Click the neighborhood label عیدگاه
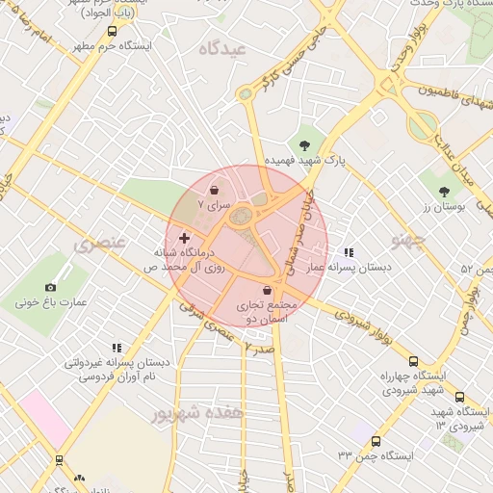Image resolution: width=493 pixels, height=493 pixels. pyautogui.click(x=222, y=48)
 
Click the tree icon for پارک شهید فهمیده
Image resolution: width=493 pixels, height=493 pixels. pyautogui.click(x=305, y=145)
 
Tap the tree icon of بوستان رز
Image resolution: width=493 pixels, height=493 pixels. pyautogui.click(x=444, y=193)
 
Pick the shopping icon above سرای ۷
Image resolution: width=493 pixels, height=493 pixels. pyautogui.click(x=213, y=191)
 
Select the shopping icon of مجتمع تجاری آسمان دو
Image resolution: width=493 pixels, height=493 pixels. pyautogui.click(x=267, y=290)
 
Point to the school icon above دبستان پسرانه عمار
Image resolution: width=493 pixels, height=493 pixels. pyautogui.click(x=348, y=252)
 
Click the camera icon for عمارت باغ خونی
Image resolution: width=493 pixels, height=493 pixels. pyautogui.click(x=50, y=287)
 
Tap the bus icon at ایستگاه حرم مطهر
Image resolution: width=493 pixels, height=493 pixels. pyautogui.click(x=113, y=31)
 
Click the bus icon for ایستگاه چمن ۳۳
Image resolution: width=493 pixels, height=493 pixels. pyautogui.click(x=376, y=441)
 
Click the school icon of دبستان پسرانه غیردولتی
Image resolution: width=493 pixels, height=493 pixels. pyautogui.click(x=117, y=348)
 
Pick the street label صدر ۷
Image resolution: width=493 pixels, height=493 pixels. pyautogui.click(x=259, y=345)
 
